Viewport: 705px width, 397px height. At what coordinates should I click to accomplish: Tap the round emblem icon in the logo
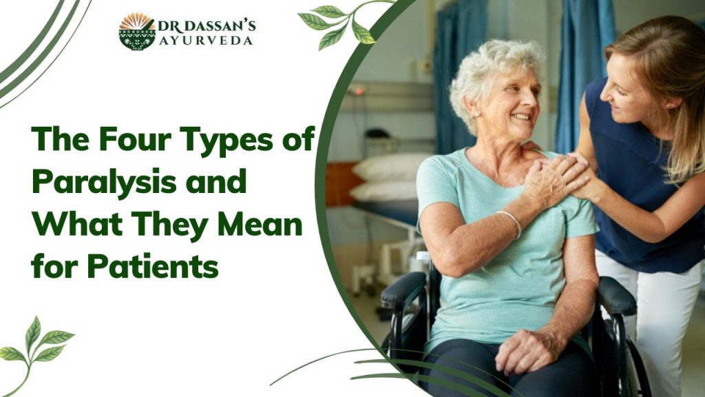pos(137,31)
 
